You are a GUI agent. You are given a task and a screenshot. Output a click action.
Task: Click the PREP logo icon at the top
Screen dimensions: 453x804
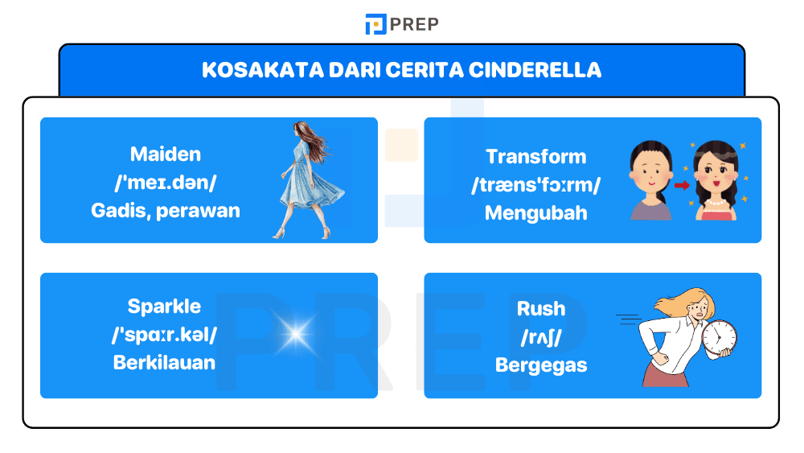click(375, 24)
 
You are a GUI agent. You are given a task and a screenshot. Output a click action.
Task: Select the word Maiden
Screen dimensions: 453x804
click(166, 154)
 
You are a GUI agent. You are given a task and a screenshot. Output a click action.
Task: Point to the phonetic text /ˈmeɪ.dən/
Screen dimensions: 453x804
click(166, 182)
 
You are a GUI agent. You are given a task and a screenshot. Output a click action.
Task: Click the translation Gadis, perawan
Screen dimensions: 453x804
click(166, 210)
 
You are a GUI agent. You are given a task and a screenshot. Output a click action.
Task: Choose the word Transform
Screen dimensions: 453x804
click(536, 157)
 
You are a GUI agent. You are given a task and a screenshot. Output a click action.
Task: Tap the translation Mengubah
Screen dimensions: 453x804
click(536, 213)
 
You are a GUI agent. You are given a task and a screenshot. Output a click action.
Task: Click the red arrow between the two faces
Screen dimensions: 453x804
click(682, 185)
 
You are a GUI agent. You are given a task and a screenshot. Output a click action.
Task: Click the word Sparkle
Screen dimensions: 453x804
click(164, 307)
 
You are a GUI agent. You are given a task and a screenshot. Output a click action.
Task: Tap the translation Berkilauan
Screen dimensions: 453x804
click(164, 362)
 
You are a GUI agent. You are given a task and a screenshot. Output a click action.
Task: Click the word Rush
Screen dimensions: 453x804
click(541, 309)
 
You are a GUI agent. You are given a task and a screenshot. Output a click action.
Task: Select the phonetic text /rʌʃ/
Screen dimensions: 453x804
click(541, 336)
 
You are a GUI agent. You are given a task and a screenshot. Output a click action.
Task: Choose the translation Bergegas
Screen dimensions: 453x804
click(541, 365)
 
